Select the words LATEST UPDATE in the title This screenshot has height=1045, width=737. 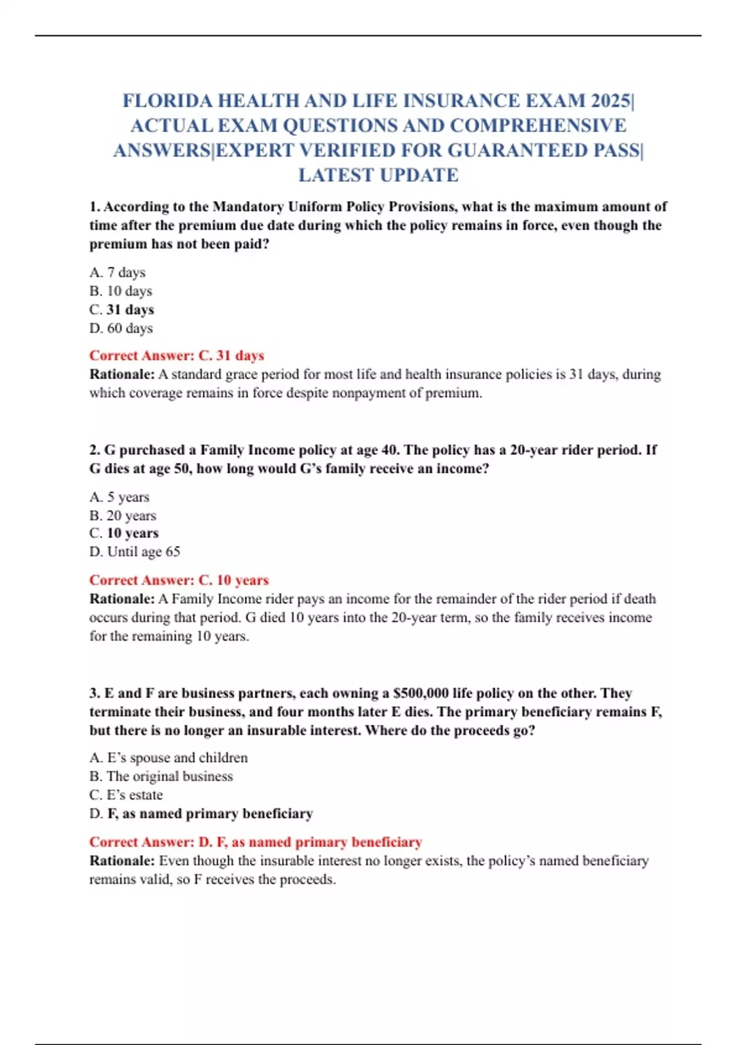point(378,175)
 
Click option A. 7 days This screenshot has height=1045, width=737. point(117,272)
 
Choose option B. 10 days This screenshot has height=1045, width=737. point(120,291)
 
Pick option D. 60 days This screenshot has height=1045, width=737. point(121,328)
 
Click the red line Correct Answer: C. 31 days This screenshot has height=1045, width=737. point(177,356)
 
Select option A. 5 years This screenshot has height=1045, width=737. point(119,497)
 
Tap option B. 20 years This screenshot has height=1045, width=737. point(123,515)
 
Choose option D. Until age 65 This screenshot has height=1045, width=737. point(135,552)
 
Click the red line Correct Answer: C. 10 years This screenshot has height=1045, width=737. point(179,580)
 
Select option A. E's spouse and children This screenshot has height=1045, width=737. point(168,758)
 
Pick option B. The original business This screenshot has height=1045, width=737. point(161,776)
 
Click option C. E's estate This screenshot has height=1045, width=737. point(126,795)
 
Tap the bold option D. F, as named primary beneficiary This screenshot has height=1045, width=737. point(201,814)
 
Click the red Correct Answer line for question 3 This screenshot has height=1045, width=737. point(255,842)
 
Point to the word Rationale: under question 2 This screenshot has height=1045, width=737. point(122,599)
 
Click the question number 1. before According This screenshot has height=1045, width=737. point(95,207)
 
